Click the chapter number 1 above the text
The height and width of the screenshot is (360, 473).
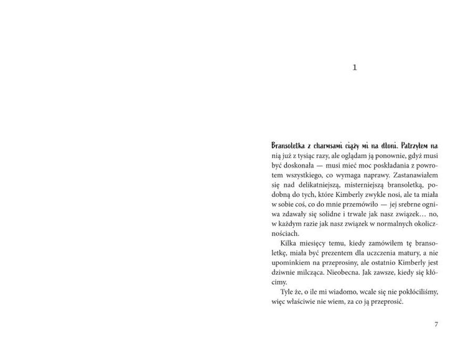point(355,68)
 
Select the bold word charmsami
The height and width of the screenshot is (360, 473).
point(330,145)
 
